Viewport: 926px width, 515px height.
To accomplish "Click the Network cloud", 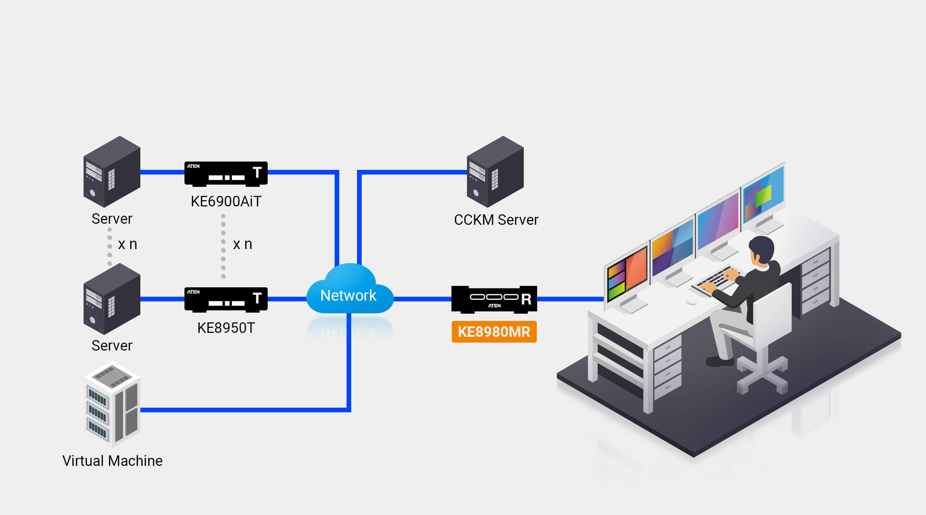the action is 349,289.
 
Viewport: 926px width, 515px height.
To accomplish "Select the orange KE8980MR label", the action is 494,332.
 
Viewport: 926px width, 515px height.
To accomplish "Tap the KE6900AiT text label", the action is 226,201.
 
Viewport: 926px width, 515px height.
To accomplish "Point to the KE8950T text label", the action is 226,328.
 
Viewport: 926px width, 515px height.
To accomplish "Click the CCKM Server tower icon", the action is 495,172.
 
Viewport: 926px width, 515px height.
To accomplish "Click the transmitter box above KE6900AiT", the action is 226,174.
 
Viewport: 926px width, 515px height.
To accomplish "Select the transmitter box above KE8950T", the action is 226,300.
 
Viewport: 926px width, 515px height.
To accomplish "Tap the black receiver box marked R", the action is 494,299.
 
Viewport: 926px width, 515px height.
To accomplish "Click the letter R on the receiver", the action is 526,299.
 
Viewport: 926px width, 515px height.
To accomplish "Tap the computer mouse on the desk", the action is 692,301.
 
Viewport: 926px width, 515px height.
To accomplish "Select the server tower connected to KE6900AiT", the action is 112,172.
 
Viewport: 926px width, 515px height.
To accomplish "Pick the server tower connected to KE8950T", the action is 112,299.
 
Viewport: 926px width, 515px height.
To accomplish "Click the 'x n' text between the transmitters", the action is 242,244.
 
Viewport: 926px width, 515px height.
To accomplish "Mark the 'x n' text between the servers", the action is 127,244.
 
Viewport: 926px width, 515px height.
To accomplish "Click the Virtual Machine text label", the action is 112,461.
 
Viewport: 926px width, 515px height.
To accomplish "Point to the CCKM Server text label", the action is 496,220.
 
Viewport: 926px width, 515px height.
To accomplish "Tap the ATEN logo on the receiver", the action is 494,306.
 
